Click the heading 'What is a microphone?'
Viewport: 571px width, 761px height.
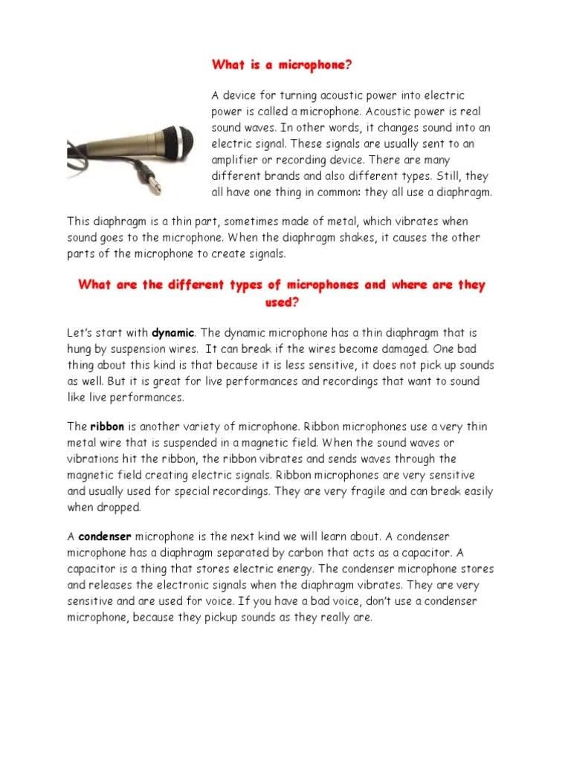pos(281,65)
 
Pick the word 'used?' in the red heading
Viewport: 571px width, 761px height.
pos(281,302)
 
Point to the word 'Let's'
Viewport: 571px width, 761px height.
pos(82,332)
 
